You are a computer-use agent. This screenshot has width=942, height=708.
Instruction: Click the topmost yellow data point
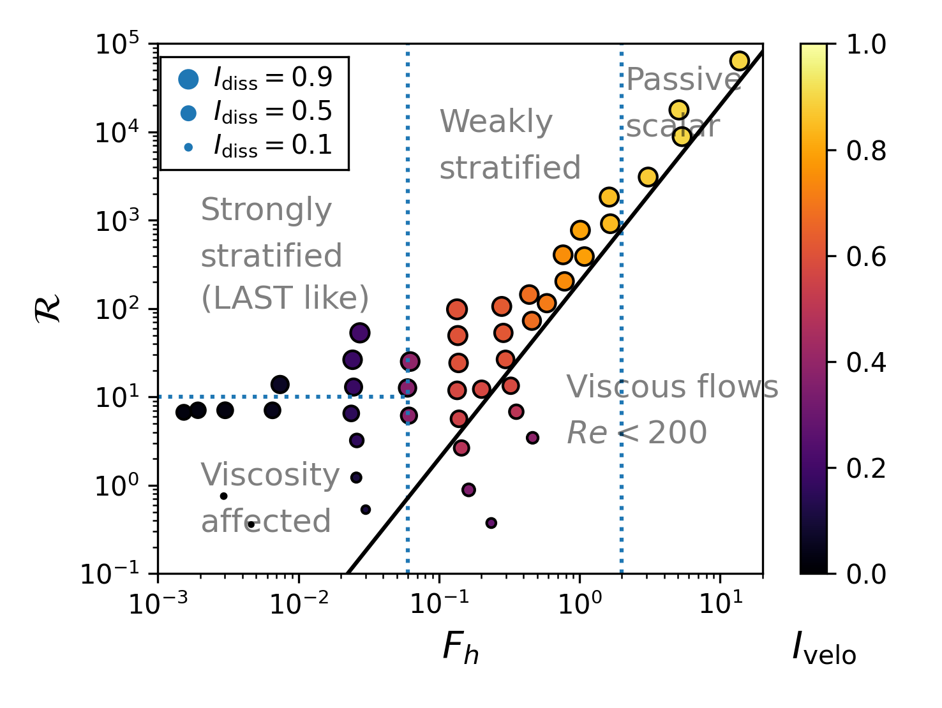coord(739,61)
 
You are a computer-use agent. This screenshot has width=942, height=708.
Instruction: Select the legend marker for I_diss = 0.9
coord(188,79)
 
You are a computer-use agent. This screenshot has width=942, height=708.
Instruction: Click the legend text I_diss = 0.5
coord(273,112)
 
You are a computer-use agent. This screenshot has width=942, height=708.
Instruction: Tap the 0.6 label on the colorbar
coord(866,257)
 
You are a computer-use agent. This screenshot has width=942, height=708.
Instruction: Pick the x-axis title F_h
coord(460,649)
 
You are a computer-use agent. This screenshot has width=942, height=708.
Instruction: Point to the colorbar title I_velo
coord(824,649)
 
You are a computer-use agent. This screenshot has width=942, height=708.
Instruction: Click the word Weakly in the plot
coord(496,122)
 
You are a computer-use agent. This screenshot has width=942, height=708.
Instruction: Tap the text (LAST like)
coord(285,299)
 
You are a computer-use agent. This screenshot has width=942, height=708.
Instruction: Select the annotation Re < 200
coord(636,434)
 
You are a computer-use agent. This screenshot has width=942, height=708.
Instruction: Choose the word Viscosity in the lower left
coord(270,476)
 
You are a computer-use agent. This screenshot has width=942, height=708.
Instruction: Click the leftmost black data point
coord(184,412)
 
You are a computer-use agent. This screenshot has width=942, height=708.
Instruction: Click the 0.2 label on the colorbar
coord(866,469)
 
